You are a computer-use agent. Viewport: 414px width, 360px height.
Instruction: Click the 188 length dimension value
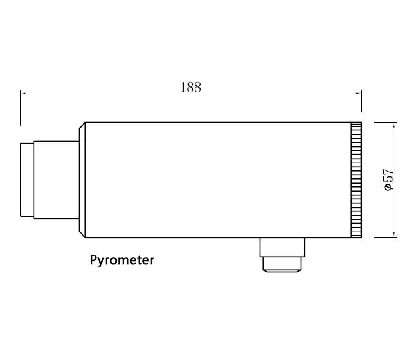(190, 87)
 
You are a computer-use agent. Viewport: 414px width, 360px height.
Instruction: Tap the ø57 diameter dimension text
(388, 179)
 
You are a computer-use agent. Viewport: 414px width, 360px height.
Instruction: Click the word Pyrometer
(122, 260)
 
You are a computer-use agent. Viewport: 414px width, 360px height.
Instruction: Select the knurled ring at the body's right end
(356, 180)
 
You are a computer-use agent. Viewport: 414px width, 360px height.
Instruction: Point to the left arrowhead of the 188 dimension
(23, 93)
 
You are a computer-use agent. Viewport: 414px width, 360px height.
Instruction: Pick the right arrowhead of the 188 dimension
(358, 93)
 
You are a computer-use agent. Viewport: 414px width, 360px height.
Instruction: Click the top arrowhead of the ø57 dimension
(394, 125)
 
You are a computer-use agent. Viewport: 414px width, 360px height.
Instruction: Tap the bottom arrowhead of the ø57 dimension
(394, 235)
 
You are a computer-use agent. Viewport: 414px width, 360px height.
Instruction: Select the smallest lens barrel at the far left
(27, 180)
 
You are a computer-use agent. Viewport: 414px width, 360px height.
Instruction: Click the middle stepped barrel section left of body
(57, 180)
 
